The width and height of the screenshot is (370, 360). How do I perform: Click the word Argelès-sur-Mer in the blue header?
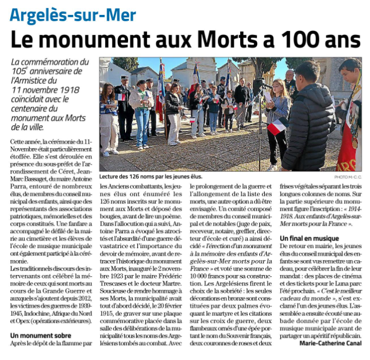pos(73,14)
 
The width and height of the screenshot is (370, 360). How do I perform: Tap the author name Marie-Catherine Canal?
pos(330,343)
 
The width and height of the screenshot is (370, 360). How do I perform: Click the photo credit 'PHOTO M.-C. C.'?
pos(346,177)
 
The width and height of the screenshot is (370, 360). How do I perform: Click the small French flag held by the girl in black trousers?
pos(278,125)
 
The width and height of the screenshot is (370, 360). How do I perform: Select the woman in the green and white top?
pos(142,112)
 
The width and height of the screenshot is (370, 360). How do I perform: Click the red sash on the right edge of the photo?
pos(349,138)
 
